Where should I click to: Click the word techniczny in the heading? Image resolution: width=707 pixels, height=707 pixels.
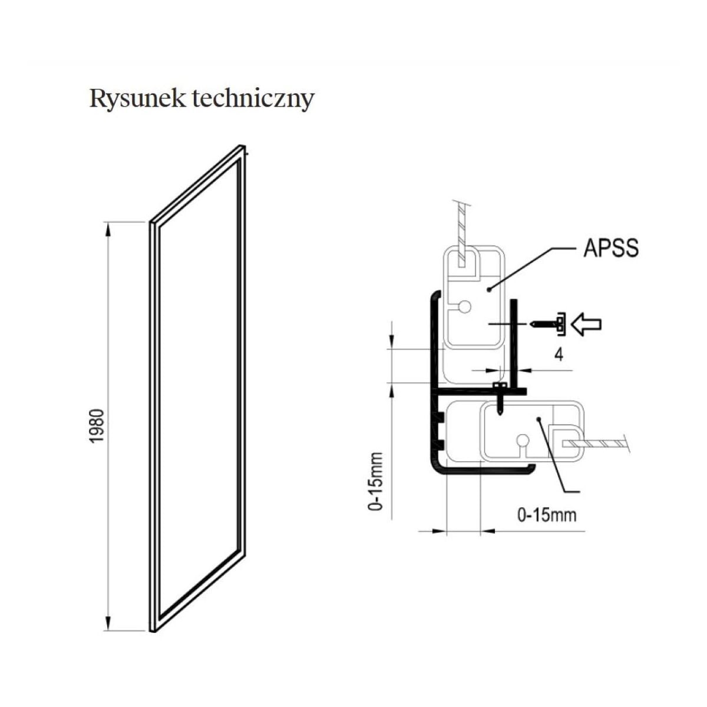(253, 99)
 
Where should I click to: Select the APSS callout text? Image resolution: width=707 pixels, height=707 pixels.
(610, 248)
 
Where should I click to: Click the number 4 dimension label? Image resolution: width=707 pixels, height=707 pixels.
(559, 355)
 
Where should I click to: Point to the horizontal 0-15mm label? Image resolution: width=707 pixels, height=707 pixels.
(546, 516)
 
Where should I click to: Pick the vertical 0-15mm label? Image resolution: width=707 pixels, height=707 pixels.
(375, 481)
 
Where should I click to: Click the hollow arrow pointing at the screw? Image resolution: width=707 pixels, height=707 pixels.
(587, 323)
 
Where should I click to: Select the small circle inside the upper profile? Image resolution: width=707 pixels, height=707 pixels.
(465, 306)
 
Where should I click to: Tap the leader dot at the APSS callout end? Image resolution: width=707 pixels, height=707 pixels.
(488, 289)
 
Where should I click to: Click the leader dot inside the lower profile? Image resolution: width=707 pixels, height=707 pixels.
(538, 418)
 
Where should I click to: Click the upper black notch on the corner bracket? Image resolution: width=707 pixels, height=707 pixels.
(440, 418)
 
